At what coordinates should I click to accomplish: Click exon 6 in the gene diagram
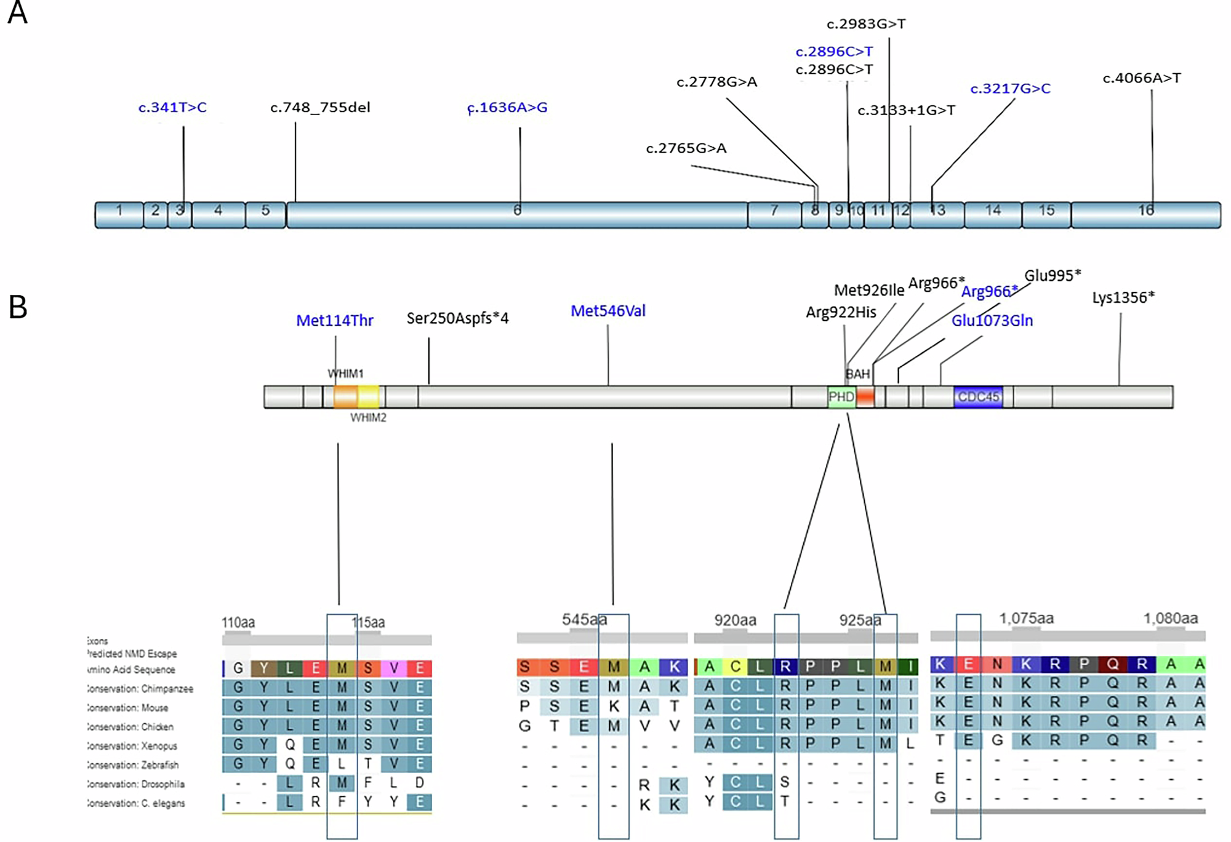tap(517, 215)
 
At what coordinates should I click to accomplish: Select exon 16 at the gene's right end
tap(1145, 215)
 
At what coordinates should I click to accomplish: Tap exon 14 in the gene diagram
tap(992, 215)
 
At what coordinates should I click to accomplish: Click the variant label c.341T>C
tap(172, 108)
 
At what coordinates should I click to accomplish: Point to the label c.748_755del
tap(320, 108)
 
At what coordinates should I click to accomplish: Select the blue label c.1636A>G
tap(507, 108)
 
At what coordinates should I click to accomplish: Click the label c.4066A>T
tap(1141, 78)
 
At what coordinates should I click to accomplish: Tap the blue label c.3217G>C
tap(1010, 89)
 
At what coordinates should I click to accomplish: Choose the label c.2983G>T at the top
tap(865, 24)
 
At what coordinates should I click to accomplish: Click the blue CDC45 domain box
tap(978, 397)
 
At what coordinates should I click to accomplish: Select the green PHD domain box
tap(841, 397)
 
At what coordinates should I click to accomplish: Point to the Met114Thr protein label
tap(334, 321)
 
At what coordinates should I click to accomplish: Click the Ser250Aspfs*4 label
tap(457, 318)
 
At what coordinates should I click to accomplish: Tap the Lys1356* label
tap(1123, 298)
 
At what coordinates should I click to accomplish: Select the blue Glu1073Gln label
tap(992, 321)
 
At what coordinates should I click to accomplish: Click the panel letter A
tap(17, 12)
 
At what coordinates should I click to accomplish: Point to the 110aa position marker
tap(238, 623)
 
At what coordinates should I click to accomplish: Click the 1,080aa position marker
tap(1170, 618)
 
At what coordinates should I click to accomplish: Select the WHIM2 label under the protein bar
tap(368, 418)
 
